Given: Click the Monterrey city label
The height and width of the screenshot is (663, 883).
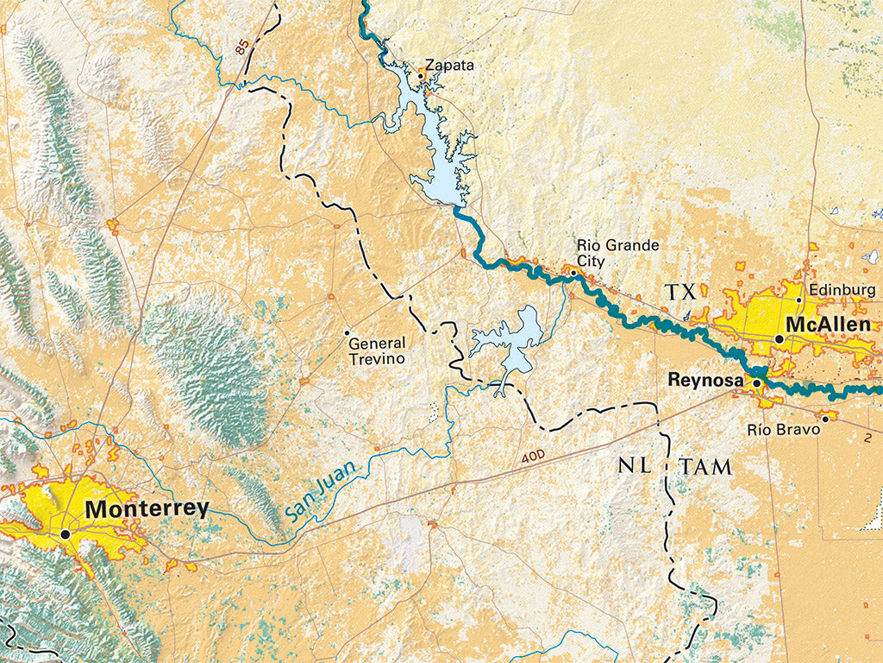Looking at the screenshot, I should click(x=147, y=508).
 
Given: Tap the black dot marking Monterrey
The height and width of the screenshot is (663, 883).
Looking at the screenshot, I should click(x=66, y=534).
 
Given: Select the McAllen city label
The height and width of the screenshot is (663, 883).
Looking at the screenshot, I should click(x=833, y=326).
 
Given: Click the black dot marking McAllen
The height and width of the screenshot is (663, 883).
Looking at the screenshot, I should click(x=780, y=339).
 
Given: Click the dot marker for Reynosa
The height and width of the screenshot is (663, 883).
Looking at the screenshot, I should click(x=757, y=382).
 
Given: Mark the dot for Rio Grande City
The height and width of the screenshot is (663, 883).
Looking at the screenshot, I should click(x=573, y=273).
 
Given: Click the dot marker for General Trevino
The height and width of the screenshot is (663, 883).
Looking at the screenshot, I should click(x=348, y=332).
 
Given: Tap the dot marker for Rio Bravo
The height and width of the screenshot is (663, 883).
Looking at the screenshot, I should click(x=825, y=420).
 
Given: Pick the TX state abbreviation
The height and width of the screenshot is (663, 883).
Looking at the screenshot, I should click(x=679, y=294).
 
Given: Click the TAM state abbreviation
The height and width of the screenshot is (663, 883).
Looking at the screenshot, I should click(x=705, y=467).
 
